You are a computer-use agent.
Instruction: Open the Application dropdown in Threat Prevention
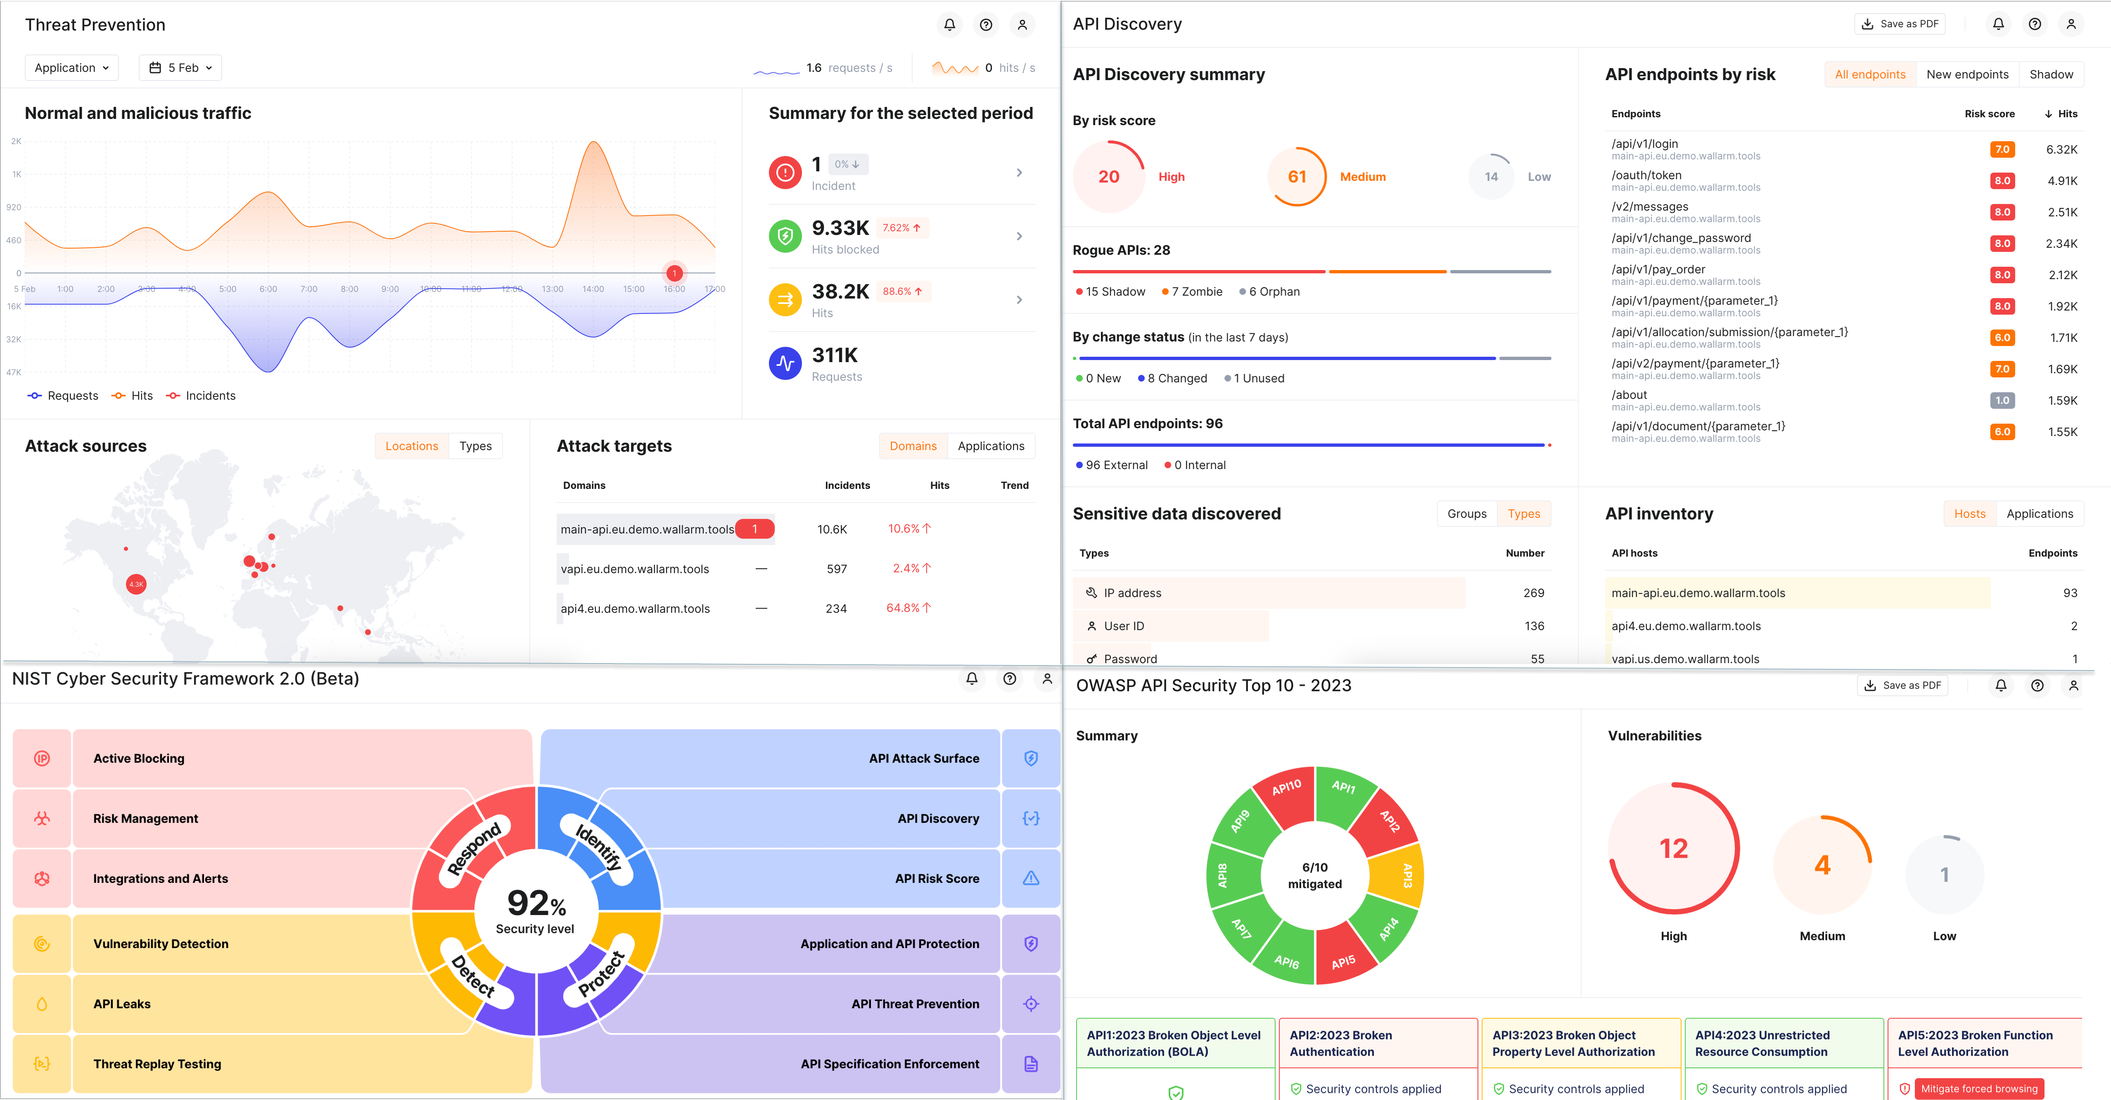[71, 68]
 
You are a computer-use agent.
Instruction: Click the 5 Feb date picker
[180, 68]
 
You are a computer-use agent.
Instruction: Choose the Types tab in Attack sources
[475, 446]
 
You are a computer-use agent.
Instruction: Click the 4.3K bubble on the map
[136, 584]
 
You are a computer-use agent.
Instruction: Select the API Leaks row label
[122, 1004]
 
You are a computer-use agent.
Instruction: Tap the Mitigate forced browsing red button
[1978, 1088]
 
